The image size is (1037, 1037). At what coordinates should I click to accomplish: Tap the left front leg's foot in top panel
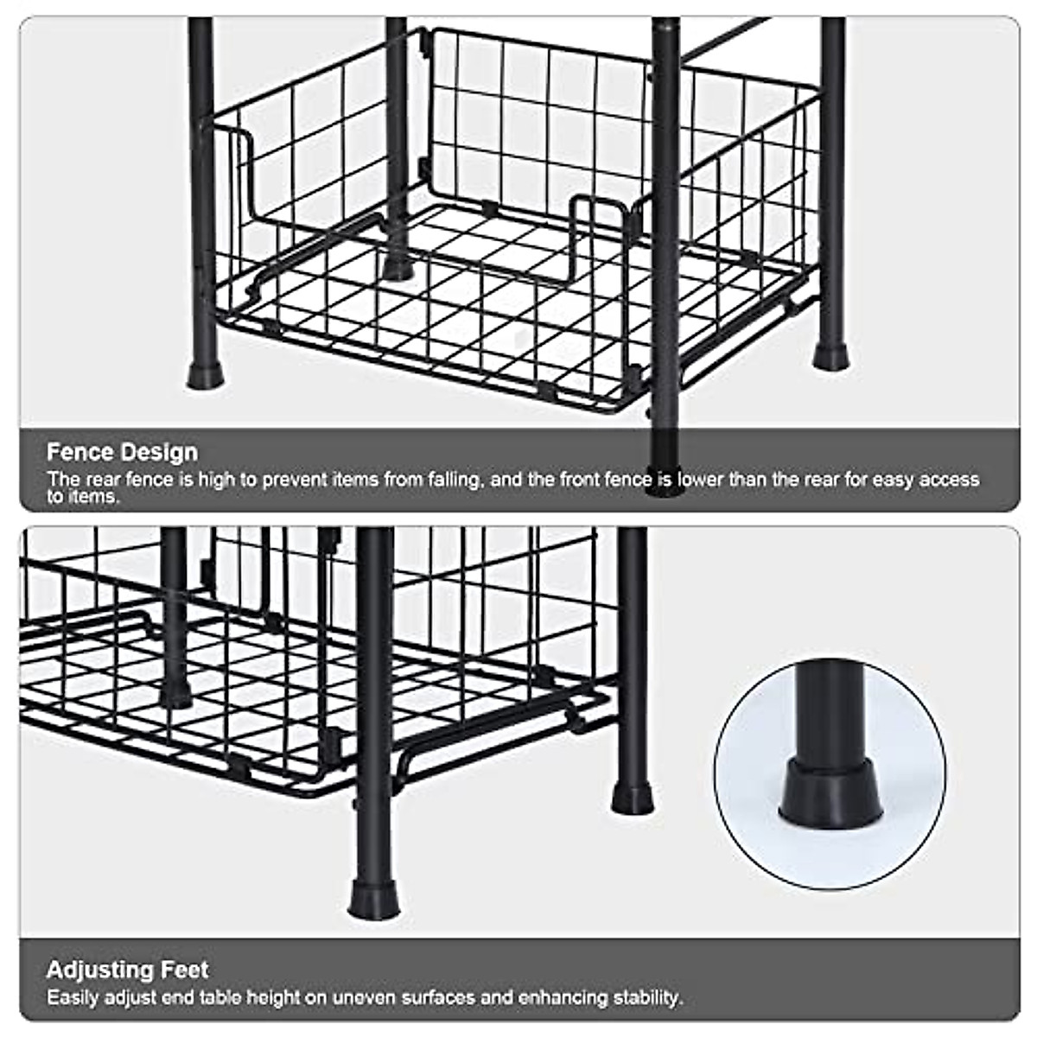[x=206, y=373]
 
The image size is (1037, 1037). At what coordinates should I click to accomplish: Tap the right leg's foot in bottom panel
[x=633, y=797]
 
